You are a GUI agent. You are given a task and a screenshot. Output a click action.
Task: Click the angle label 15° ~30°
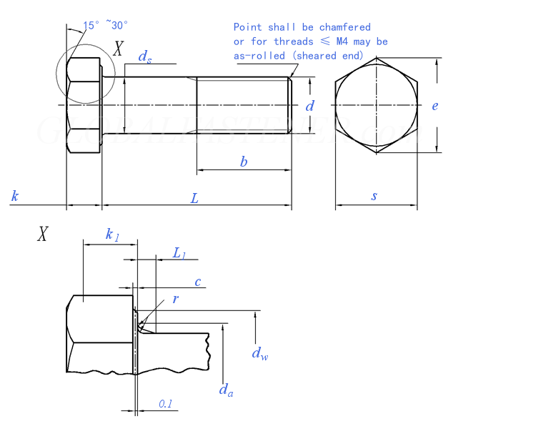click(x=106, y=25)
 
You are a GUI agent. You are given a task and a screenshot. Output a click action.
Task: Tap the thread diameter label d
click(x=309, y=106)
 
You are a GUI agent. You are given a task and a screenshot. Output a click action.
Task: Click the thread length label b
click(x=244, y=162)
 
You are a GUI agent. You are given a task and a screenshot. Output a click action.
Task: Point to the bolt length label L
click(x=194, y=198)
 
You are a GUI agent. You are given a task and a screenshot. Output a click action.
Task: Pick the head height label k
click(x=14, y=196)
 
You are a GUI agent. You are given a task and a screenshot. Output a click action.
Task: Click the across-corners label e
click(x=435, y=106)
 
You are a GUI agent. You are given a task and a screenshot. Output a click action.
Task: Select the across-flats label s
click(x=374, y=196)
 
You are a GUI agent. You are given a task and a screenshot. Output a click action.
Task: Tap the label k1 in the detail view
click(x=112, y=235)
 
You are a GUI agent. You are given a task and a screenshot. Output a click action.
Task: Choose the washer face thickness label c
click(x=197, y=281)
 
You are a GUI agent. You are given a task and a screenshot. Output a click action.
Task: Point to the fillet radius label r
click(x=176, y=299)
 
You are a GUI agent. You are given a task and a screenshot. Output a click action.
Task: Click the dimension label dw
click(x=259, y=352)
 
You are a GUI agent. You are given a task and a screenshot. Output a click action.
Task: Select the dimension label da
click(x=224, y=390)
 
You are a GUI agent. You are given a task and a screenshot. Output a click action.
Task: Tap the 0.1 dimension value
click(x=165, y=404)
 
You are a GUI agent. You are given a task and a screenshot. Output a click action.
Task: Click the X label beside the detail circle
click(x=119, y=49)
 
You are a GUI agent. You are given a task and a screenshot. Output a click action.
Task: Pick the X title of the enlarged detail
click(x=43, y=234)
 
